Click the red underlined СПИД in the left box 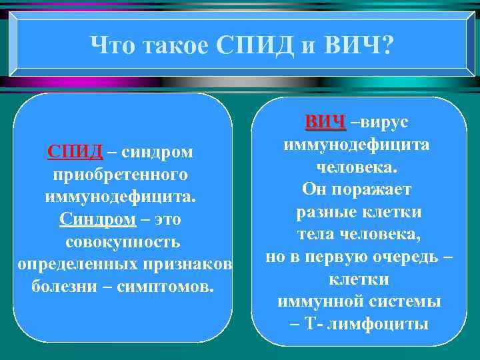click(75, 152)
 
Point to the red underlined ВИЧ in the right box click(325, 122)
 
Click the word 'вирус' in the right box click(385, 122)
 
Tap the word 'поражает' click(373, 189)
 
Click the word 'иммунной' click(315, 301)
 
